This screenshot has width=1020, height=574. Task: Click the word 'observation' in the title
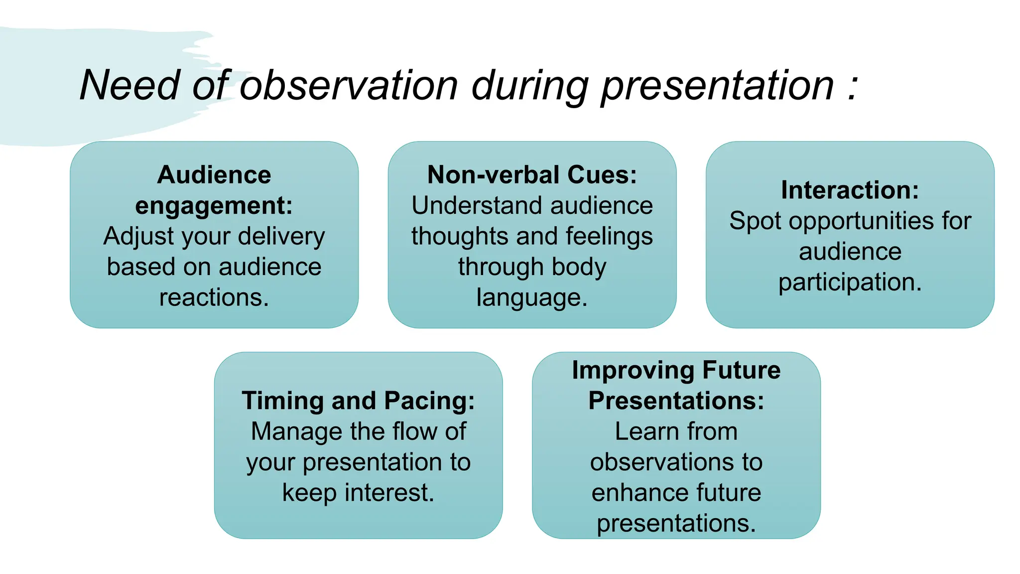(349, 86)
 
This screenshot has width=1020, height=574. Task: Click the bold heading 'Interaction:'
(850, 190)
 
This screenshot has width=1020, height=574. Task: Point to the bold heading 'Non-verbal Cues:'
(532, 175)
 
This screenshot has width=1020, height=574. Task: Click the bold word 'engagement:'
(214, 206)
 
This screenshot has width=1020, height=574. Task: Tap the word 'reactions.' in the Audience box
(214, 298)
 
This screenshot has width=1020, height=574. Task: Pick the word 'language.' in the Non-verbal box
(532, 298)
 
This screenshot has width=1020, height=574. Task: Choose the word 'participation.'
(850, 283)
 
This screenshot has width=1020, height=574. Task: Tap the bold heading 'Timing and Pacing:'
(358, 401)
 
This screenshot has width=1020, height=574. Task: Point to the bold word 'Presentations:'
(676, 401)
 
